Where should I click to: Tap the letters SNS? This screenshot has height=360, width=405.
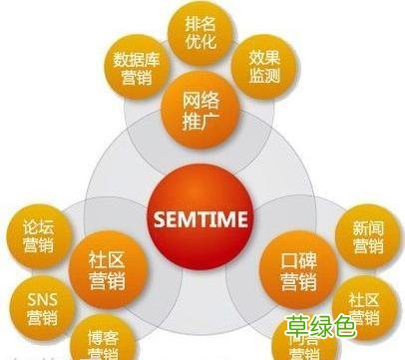pyautogui.click(x=41, y=297)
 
